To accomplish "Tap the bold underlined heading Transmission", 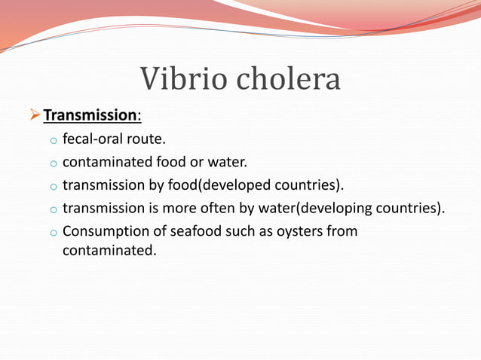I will click(88, 116).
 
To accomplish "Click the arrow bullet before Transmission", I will click(33, 116).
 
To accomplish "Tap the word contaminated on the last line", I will click(109, 249).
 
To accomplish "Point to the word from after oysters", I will click(342, 230).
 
